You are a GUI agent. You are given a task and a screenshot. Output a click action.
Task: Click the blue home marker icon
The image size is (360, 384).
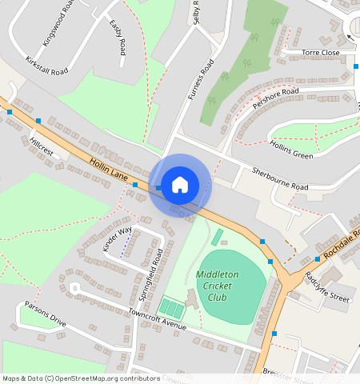[180, 185]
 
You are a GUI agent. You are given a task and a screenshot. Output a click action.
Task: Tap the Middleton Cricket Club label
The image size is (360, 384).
[218, 286]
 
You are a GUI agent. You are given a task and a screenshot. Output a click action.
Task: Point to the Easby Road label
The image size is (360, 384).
[118, 37]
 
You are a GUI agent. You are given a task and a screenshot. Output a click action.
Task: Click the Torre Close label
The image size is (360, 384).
[321, 53]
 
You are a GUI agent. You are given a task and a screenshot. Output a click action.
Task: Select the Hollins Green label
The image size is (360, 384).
[291, 150]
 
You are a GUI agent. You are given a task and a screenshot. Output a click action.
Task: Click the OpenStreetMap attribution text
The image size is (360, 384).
[81, 378]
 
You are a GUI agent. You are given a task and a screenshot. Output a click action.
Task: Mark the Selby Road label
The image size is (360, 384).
[195, 14]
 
